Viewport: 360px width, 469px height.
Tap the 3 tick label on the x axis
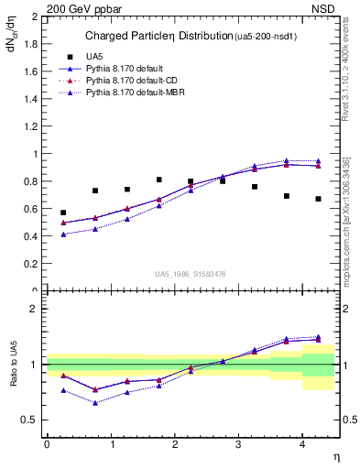(238, 443)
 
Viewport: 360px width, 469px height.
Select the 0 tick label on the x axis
(47, 443)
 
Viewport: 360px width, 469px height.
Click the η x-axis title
(334, 456)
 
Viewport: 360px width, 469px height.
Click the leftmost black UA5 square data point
(63, 213)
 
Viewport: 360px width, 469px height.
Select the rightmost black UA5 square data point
(318, 199)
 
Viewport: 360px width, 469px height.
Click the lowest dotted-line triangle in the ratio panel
(94, 403)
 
